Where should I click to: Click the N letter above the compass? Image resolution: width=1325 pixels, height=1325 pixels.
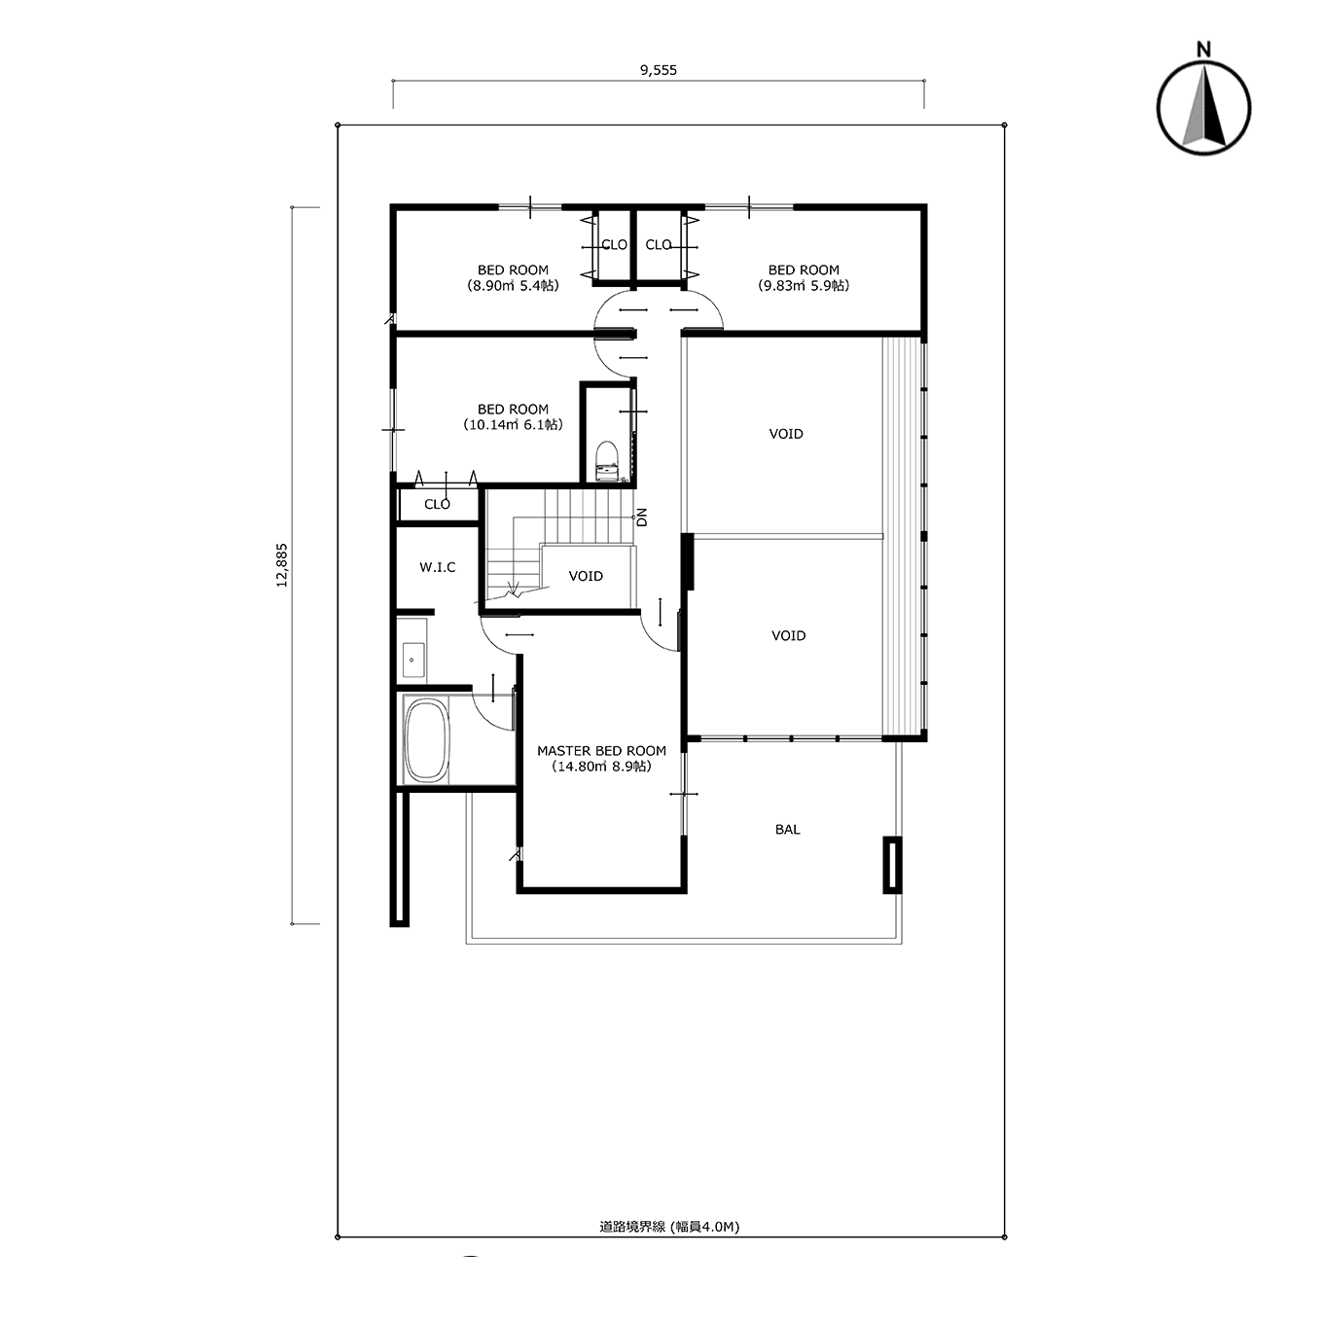tap(1203, 50)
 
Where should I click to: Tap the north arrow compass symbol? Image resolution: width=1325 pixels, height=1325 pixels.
tap(1203, 108)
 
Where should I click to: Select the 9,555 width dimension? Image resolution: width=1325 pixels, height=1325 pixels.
tap(658, 70)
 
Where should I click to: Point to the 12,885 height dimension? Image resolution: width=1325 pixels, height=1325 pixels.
tap(282, 565)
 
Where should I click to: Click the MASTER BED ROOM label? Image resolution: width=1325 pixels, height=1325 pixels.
tap(601, 751)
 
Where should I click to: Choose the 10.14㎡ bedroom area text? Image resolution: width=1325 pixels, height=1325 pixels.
tap(513, 425)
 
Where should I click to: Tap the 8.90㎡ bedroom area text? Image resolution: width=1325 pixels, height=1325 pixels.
tap(513, 286)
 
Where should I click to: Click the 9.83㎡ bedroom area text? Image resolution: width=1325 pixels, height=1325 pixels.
tap(804, 286)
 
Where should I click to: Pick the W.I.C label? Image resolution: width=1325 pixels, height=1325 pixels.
tap(438, 567)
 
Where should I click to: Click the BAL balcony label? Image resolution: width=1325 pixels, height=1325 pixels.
tap(787, 829)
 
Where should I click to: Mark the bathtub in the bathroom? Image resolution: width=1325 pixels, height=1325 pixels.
tap(427, 740)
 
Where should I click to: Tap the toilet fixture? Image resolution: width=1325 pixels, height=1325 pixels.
tap(606, 461)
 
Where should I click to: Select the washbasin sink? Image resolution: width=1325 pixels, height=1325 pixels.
tap(412, 661)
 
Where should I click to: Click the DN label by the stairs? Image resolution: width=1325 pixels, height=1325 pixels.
tap(642, 518)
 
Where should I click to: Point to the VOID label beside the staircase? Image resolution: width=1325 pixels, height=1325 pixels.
tap(586, 576)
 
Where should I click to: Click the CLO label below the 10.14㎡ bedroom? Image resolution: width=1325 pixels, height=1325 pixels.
tap(438, 504)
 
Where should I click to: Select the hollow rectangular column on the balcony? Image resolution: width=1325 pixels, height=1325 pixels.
tap(892, 864)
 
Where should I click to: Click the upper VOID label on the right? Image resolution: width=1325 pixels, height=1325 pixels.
tap(786, 434)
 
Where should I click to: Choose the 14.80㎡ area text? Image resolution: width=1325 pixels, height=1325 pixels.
tap(601, 767)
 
